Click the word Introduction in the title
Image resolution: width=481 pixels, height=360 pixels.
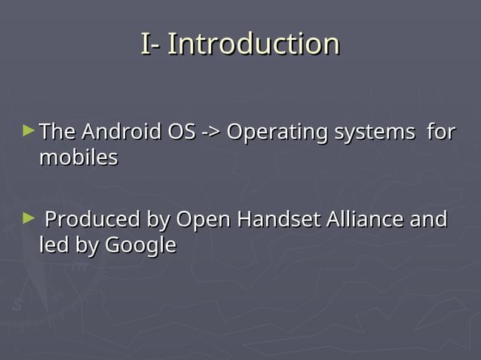point(253,44)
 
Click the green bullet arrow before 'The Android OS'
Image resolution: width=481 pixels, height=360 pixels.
point(29,131)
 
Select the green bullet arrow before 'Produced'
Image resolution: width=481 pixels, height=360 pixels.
point(29,218)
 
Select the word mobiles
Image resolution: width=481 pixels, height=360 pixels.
point(78,158)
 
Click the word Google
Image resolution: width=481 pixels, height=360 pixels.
point(140,246)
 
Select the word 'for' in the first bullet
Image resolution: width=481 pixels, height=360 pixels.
point(441,133)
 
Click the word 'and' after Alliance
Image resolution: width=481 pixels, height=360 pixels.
point(427,220)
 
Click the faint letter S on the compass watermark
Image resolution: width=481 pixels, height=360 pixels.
point(17,305)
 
